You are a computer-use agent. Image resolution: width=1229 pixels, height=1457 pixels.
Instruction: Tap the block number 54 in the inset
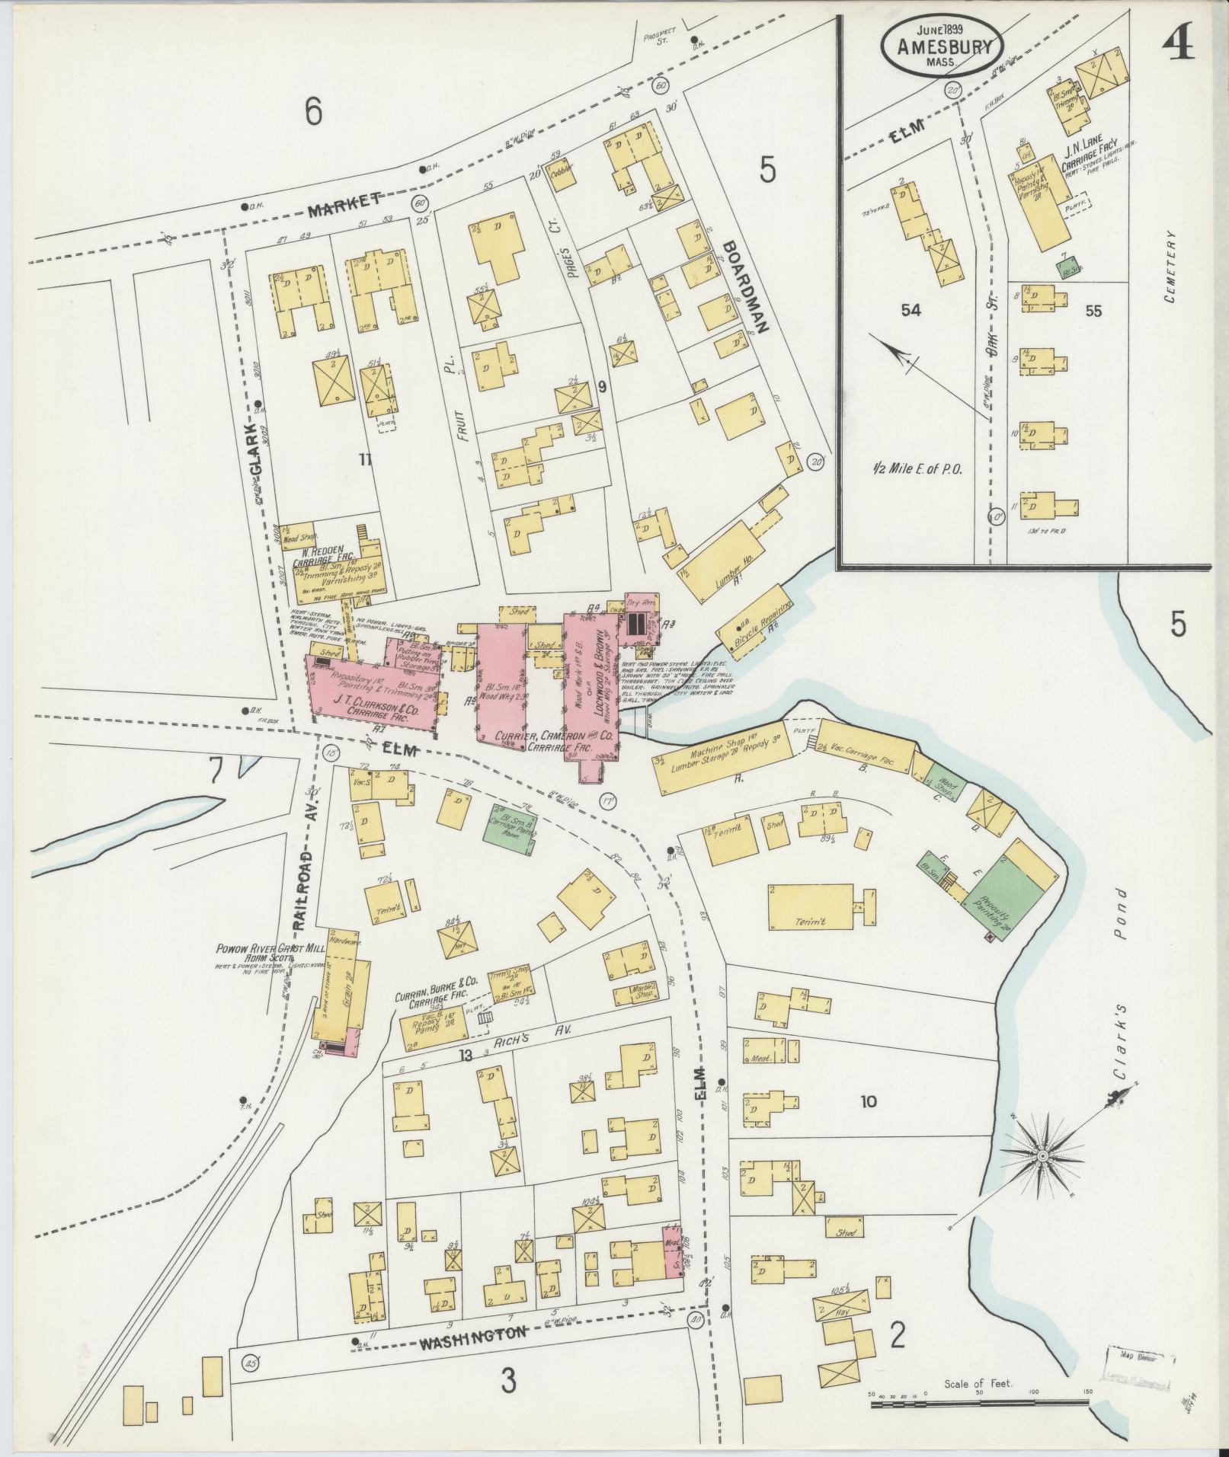pyautogui.click(x=911, y=310)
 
